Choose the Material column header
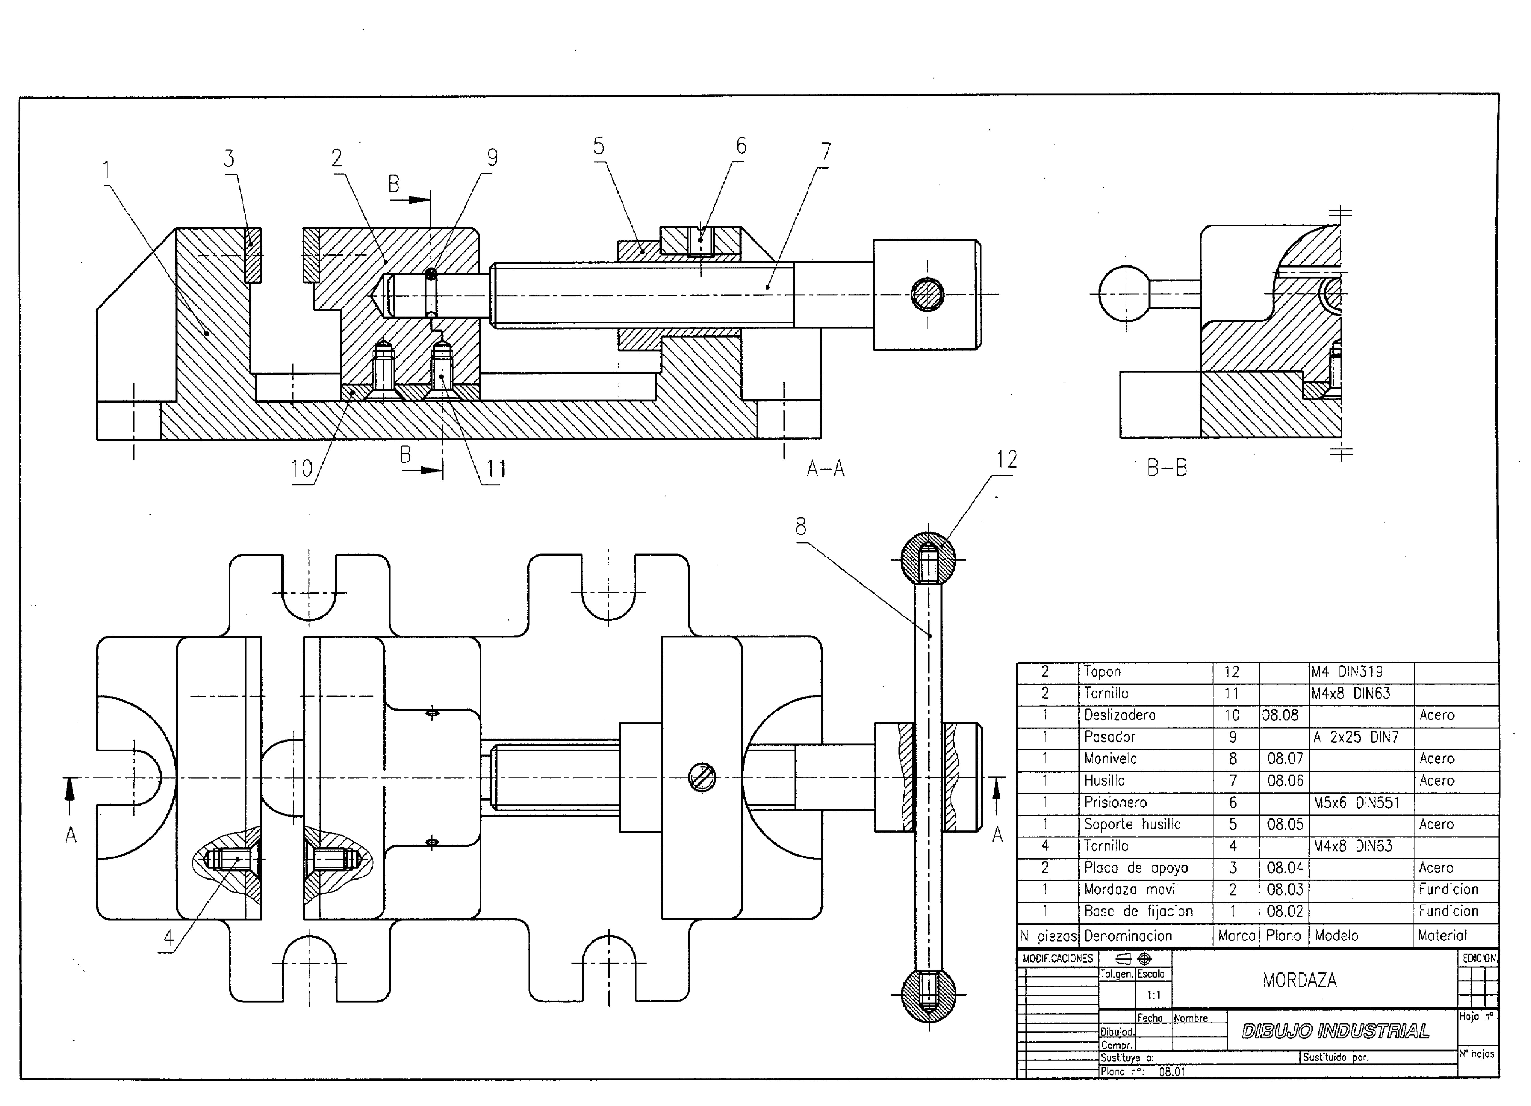1442,936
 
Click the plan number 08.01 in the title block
1172,1072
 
